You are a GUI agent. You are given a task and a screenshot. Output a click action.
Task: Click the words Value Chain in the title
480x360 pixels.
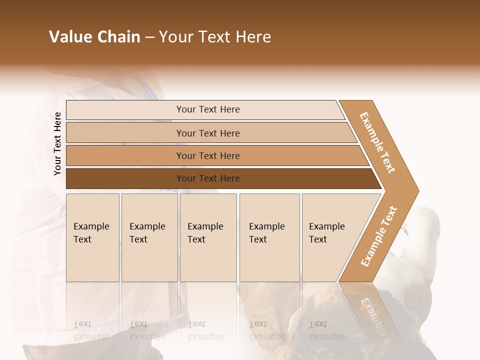94,37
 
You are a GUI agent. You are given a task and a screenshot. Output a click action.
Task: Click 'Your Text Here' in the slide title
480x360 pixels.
215,37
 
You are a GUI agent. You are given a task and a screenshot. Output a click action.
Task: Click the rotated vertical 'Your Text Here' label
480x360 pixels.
57,144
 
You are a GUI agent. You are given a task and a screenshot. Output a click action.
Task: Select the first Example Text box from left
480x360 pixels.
92,237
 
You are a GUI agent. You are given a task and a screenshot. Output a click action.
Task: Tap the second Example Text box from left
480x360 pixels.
149,237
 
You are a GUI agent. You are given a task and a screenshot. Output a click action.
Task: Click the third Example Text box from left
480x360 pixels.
208,237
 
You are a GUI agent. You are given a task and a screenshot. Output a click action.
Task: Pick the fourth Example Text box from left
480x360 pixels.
269,237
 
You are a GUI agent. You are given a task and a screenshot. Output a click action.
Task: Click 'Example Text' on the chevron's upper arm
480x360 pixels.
378,142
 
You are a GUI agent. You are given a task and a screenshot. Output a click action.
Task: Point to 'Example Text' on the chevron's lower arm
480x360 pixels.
379,236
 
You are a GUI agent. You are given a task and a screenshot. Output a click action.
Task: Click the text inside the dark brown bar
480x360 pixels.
208,178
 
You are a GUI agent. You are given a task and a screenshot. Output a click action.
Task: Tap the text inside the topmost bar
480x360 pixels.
208,109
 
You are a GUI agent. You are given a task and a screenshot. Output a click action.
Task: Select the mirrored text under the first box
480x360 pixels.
91,330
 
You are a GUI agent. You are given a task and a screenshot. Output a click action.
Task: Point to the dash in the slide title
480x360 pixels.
149,37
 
